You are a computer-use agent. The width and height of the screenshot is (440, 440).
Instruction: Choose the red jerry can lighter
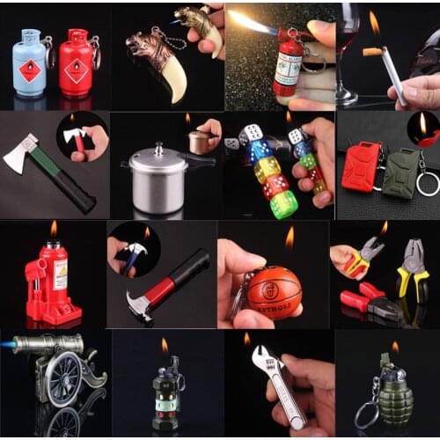click(x=360, y=165)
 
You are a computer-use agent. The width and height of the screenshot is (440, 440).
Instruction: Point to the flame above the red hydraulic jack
click(x=54, y=229)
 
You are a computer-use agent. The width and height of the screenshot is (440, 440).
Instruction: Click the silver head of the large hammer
click(x=140, y=307)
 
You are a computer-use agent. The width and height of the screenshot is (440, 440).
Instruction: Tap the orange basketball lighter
click(x=274, y=291)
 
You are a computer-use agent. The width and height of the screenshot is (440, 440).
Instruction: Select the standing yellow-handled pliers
click(x=412, y=273)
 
